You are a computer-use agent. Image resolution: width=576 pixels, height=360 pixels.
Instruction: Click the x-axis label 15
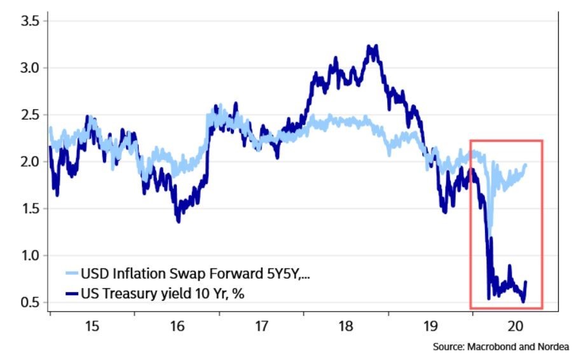(x=92, y=327)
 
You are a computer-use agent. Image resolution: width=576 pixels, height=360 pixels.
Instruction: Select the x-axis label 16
(x=177, y=327)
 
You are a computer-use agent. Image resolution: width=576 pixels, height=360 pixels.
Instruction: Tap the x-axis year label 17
(x=261, y=327)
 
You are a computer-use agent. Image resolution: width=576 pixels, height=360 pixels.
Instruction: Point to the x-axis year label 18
(x=346, y=327)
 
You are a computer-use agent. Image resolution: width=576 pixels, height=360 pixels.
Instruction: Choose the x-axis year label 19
(x=430, y=327)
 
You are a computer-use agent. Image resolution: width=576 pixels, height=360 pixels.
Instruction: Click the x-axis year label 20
(x=514, y=327)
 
